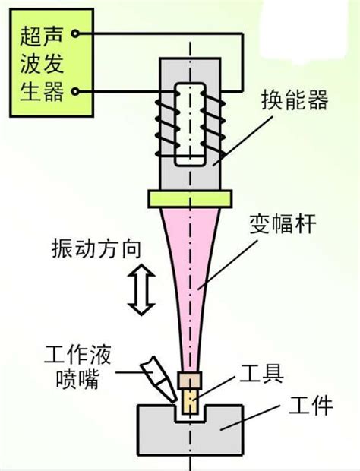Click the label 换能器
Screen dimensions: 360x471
coord(295,100)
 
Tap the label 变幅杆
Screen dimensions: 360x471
coord(283,224)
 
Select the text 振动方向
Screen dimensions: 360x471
coord(96,248)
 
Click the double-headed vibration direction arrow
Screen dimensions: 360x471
coord(141,290)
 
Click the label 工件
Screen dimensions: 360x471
coord(311,406)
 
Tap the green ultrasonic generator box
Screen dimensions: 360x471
coord(52,62)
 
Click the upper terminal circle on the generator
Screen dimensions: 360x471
coord(75,33)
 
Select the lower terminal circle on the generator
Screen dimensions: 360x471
coord(75,91)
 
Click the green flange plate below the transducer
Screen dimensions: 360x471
coord(190,198)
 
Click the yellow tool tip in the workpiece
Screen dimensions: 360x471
coord(190,401)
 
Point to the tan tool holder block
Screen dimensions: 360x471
coord(190,381)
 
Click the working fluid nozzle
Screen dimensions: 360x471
coord(158,379)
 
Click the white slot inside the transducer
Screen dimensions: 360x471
coord(191,124)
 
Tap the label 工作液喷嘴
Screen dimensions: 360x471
coord(77,367)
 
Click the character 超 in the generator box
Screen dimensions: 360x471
coord(30,36)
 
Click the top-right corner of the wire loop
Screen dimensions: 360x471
coord(242,33)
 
